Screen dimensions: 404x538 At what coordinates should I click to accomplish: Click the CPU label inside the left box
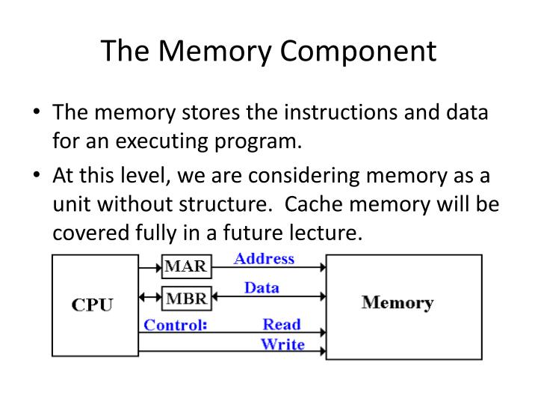[x=93, y=305]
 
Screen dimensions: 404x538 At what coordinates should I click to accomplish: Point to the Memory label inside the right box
[x=398, y=303]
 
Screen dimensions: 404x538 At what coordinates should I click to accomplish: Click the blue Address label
[x=264, y=259]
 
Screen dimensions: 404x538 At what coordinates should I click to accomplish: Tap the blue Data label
[x=262, y=287]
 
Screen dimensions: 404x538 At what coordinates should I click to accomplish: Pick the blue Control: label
[x=175, y=325]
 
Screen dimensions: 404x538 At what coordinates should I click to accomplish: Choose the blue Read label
[x=282, y=325]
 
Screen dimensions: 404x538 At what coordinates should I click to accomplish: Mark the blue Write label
[x=282, y=344]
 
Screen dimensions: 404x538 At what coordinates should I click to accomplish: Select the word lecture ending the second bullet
[x=324, y=233]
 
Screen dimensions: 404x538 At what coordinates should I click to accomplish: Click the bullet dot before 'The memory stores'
[x=37, y=114]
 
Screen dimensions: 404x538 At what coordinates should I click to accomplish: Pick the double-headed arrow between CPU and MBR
[x=150, y=296]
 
